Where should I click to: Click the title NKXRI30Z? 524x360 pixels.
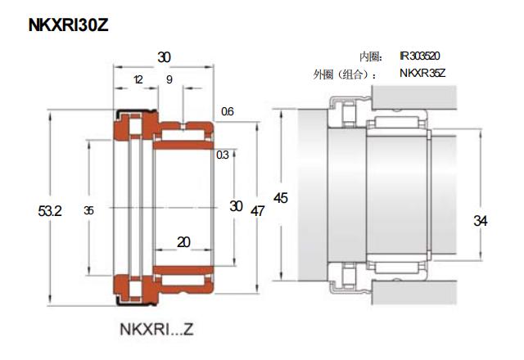click(x=69, y=25)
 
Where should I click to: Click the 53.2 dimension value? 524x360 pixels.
click(x=50, y=211)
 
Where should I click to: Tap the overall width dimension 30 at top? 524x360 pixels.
click(x=164, y=57)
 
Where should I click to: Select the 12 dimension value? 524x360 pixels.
click(x=138, y=79)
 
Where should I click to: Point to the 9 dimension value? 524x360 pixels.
click(x=169, y=79)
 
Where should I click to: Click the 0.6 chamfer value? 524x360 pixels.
click(x=228, y=111)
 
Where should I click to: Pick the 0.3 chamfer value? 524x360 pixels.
click(x=223, y=155)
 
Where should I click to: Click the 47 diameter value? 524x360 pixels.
click(x=257, y=211)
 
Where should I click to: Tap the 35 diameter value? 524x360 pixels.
click(x=88, y=210)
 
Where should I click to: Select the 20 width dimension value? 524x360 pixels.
click(x=183, y=242)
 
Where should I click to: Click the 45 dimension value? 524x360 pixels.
click(x=280, y=198)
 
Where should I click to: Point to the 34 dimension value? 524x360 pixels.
click(x=481, y=221)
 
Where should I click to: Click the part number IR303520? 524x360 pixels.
click(x=420, y=56)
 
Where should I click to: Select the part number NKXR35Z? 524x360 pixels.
click(x=422, y=73)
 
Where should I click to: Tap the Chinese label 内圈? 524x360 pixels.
click(x=371, y=56)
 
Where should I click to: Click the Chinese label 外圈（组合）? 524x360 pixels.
click(x=345, y=74)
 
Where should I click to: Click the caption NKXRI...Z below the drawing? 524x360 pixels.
click(x=156, y=329)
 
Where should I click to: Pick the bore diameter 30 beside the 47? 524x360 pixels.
click(x=236, y=206)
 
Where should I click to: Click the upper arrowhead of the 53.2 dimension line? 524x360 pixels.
click(x=50, y=116)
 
